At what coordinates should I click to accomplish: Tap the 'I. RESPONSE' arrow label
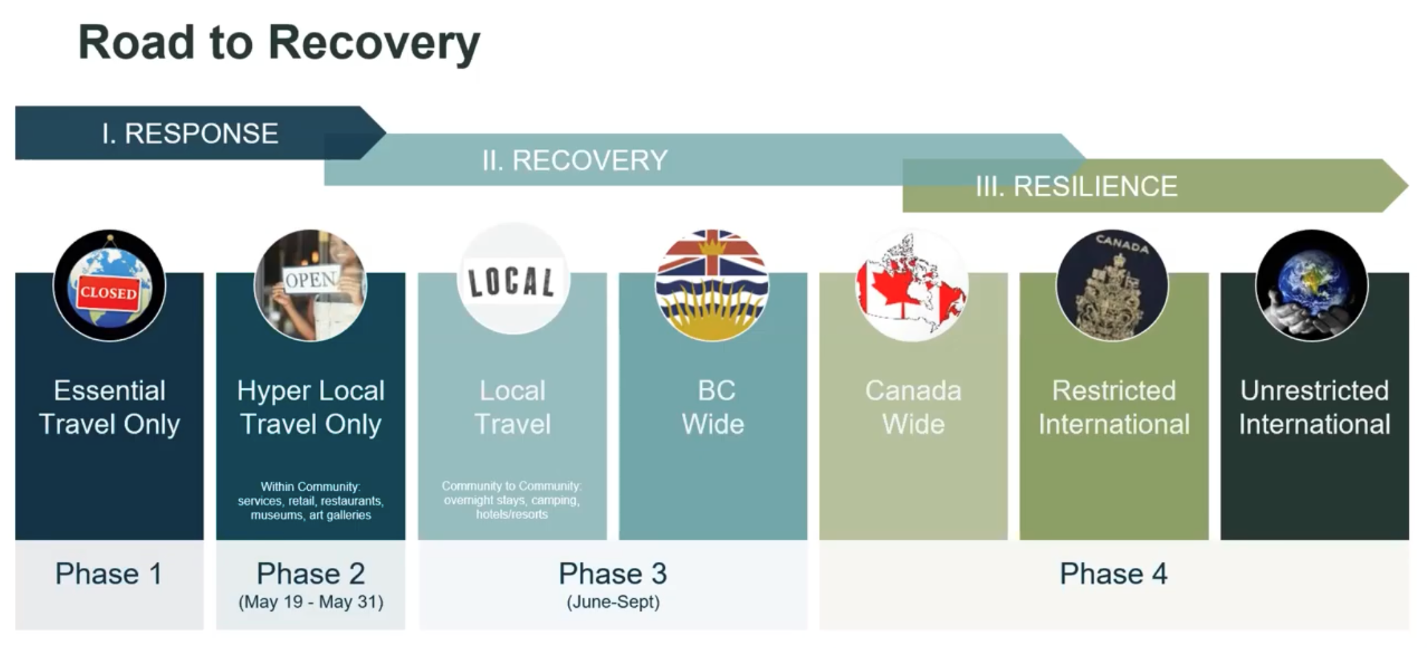[190, 133]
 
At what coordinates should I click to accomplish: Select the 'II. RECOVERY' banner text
[575, 161]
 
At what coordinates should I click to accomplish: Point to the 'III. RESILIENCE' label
[1077, 186]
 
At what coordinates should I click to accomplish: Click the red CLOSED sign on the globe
[109, 293]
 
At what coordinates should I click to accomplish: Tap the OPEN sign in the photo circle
[311, 280]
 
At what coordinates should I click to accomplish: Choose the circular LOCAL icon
[513, 280]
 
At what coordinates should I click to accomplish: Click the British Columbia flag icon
[712, 285]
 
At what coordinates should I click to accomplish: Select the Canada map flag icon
[912, 285]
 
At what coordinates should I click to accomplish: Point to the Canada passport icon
[1113, 285]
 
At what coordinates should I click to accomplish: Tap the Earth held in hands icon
[1312, 285]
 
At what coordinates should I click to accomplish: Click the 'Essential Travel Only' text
[109, 407]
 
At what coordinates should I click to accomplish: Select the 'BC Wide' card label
[713, 407]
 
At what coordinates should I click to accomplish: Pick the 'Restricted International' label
[1114, 407]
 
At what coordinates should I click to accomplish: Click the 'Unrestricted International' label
[1314, 407]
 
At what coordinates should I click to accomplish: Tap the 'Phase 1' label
[109, 574]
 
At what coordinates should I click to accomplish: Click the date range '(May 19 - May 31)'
[311, 602]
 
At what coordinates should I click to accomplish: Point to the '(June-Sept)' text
[613, 602]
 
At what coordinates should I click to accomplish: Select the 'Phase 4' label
[1114, 574]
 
